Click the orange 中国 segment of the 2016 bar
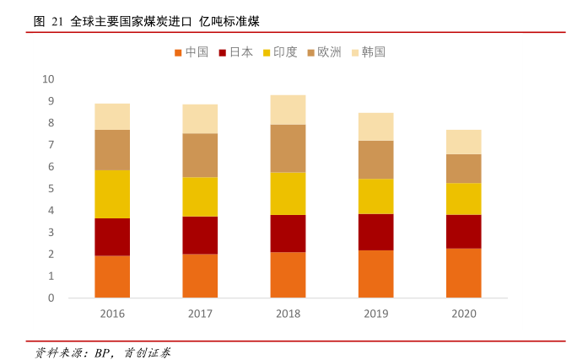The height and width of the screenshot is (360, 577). pos(112,277)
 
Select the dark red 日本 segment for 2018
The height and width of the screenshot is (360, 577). pos(288,234)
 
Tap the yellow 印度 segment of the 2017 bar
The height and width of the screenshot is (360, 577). pos(200,196)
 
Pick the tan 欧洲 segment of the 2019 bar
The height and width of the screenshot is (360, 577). pos(375,159)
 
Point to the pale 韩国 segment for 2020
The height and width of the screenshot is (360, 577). pos(463,142)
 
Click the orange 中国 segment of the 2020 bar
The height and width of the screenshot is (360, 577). pos(463,272)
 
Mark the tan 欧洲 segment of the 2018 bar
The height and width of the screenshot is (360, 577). pos(288,148)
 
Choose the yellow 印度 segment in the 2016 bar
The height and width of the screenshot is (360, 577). pos(112,194)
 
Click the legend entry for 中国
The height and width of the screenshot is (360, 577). pos(191,52)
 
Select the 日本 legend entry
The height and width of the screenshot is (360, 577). pos(235,52)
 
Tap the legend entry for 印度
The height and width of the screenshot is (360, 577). pos(280,52)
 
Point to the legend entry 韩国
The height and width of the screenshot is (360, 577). pos(368,52)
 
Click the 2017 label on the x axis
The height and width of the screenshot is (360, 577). pos(200,314)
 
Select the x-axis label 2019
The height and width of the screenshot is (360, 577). pos(375,314)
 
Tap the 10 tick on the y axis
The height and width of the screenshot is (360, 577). pos(48,79)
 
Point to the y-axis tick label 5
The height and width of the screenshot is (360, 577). pos(51,189)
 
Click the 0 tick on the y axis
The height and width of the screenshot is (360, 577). pos(51,298)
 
